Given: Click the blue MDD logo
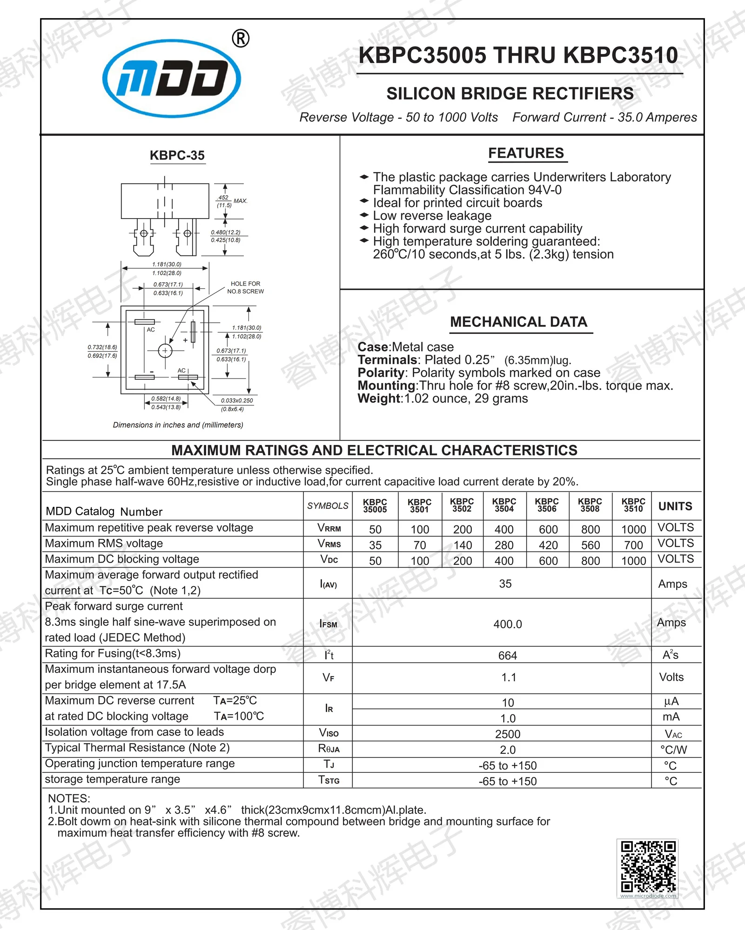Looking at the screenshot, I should point(171,78).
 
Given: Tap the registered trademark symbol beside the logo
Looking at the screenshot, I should point(240,38).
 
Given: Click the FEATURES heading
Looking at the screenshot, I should point(526,153).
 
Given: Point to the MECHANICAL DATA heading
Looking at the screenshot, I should point(518,322).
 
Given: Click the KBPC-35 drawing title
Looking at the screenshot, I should point(177,155).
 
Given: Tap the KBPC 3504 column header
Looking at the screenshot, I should point(504,505).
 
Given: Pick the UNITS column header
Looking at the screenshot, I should point(675,506).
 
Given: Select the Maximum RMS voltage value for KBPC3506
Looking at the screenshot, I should point(548,545).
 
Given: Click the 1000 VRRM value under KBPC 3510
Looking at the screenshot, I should point(633,529).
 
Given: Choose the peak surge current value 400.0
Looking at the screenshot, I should point(507,624).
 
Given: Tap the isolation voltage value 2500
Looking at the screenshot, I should point(507,734).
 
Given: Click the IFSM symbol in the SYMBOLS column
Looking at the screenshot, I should point(328,624).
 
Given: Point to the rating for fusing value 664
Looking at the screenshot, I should point(507,656).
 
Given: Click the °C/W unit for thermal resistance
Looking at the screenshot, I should point(673,750).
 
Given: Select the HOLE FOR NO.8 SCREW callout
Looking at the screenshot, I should point(245,287).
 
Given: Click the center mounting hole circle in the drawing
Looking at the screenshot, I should point(165,351).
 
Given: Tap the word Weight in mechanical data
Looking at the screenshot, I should point(379,399).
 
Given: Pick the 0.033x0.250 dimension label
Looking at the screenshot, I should point(236,400).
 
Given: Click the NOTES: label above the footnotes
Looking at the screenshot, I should point(69,798).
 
